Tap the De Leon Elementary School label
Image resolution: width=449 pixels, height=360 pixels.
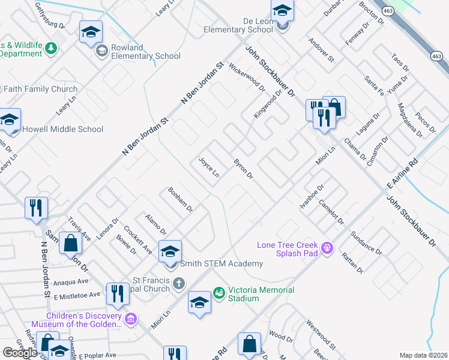[x=238, y=25]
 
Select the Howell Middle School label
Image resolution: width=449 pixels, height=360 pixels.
[x=62, y=129]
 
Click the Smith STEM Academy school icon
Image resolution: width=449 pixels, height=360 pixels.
[x=170, y=251]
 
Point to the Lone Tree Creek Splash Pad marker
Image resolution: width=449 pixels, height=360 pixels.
[x=327, y=247]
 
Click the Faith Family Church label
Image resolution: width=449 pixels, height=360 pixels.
[x=41, y=89]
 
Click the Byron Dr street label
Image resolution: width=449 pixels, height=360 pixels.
[x=244, y=169]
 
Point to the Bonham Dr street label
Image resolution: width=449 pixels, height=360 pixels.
[x=180, y=200]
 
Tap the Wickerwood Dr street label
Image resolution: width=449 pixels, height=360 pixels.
[x=247, y=77]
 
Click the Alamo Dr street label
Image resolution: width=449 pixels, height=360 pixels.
[x=155, y=223]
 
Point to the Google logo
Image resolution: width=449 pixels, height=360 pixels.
[x=20, y=353]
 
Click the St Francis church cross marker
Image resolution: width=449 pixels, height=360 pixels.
[x=178, y=283]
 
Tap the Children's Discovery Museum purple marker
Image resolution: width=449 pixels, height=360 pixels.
[x=132, y=319]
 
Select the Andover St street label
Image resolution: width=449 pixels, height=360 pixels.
[x=321, y=50]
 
